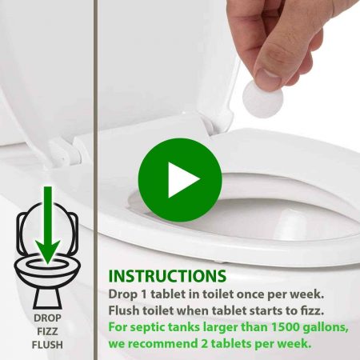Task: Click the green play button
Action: [x=180, y=180]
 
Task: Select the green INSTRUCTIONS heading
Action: [x=167, y=276]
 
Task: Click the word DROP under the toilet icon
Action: [x=47, y=318]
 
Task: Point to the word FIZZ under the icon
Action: [x=47, y=331]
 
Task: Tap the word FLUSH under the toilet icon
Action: [x=47, y=345]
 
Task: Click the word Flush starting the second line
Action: [x=123, y=310]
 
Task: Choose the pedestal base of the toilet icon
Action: [x=47, y=298]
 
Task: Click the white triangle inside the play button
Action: [x=182, y=180]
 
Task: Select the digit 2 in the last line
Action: [x=203, y=344]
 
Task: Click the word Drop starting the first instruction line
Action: [x=122, y=295]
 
